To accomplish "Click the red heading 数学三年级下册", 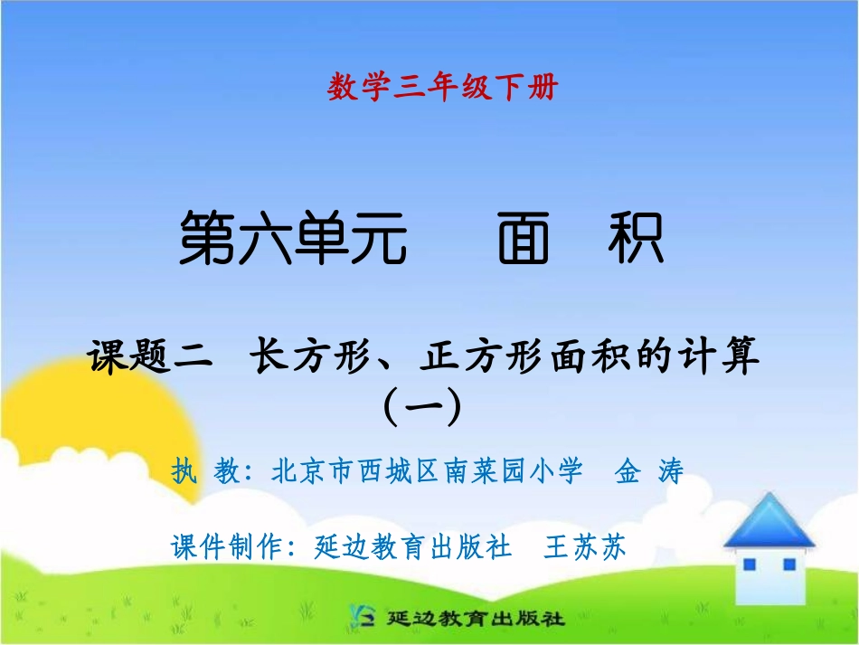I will point(443,88).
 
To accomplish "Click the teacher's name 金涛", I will point(648,470).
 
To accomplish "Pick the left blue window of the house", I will point(750,564).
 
